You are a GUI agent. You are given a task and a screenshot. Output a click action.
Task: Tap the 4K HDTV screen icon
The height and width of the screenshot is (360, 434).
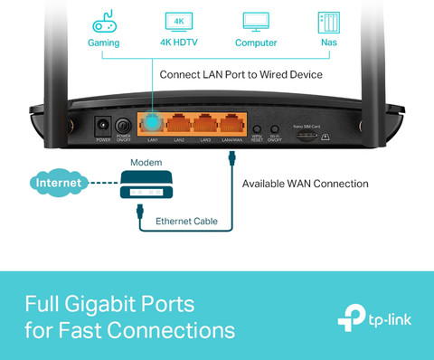(178, 22)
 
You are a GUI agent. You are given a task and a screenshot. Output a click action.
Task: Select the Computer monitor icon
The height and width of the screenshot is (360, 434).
(256, 22)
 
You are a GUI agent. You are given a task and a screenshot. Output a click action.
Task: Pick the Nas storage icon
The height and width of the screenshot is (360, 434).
(327, 22)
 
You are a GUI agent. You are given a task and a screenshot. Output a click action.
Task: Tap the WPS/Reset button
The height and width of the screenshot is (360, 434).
(257, 129)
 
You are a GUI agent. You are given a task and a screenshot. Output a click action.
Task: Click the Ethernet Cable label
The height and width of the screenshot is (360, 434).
(186, 221)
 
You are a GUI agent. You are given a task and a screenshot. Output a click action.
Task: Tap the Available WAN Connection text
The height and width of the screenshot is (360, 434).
(305, 184)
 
